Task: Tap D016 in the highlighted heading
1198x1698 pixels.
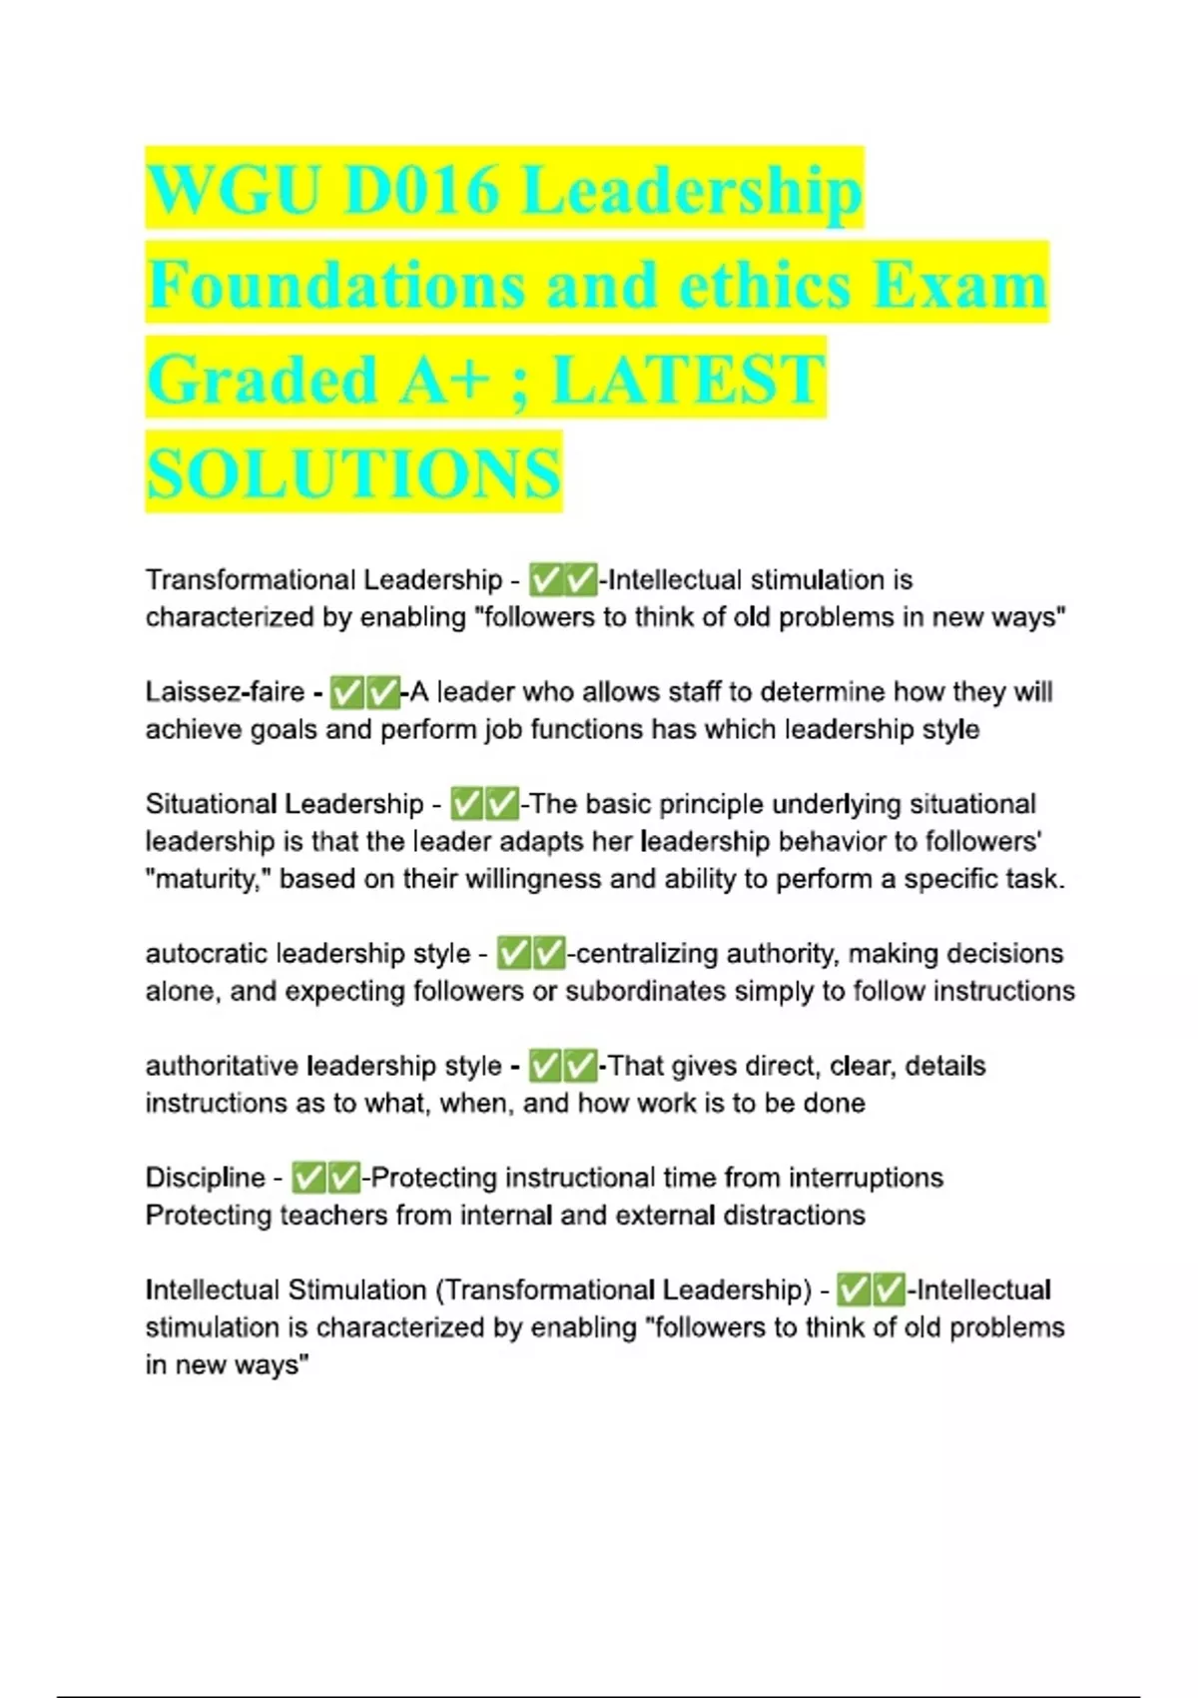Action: click(420, 190)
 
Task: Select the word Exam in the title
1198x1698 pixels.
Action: click(960, 285)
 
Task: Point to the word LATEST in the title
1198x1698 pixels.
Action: click(688, 380)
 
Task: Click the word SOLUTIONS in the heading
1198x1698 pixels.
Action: click(353, 473)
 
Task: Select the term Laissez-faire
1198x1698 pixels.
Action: click(225, 691)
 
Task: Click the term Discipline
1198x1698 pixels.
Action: click(205, 1178)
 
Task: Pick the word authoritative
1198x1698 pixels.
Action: click(222, 1066)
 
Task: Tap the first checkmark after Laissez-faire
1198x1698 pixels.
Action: click(346, 691)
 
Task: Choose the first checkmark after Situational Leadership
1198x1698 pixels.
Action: click(466, 803)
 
